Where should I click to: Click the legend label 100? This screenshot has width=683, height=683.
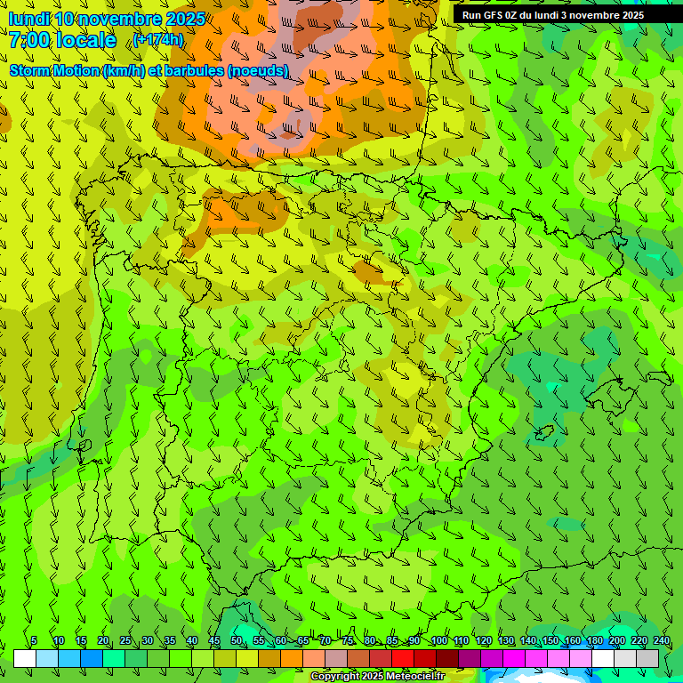(439, 641)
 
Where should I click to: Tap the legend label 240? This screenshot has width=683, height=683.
(661, 641)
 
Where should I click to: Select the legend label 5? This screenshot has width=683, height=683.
(34, 641)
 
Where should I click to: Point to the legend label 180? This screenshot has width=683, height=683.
(594, 641)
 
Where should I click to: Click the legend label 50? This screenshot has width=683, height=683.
(237, 641)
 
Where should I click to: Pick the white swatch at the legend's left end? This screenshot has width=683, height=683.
(25, 658)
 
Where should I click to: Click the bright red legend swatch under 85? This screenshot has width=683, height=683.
(403, 658)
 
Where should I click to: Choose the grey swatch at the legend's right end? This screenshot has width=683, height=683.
(647, 658)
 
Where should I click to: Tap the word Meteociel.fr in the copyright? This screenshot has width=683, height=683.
(417, 677)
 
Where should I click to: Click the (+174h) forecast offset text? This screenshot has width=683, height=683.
(157, 40)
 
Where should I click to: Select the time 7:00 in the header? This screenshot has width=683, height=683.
(29, 40)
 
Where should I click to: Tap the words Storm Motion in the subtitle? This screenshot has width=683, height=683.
(54, 70)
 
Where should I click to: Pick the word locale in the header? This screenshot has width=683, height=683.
(85, 40)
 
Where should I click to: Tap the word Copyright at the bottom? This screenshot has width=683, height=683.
(335, 677)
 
